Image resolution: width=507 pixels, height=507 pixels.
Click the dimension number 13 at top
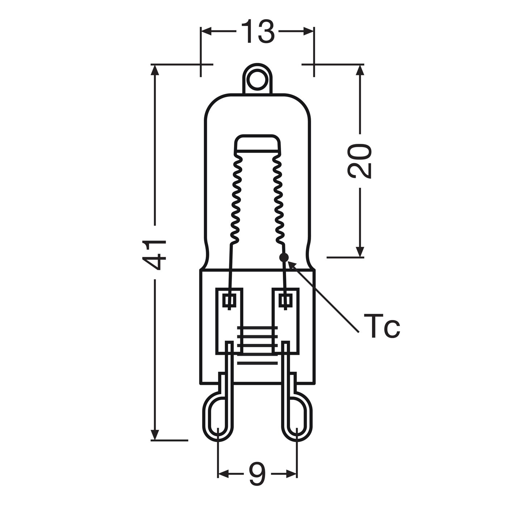[x=257, y=31]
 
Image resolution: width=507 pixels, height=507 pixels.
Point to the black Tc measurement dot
[x=284, y=257]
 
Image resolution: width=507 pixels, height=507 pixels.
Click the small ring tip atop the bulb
[x=258, y=78]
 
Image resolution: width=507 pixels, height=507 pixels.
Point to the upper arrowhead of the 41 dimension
[x=155, y=70]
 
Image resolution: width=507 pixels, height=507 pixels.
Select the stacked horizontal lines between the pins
[x=257, y=341]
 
